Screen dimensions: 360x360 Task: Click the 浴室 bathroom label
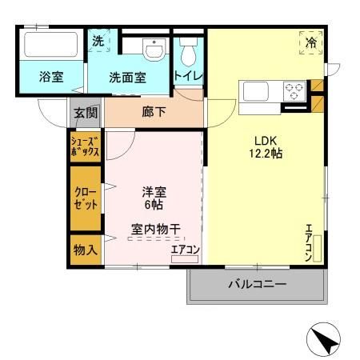pyautogui.click(x=52, y=78)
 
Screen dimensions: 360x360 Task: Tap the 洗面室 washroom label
pyautogui.click(x=127, y=78)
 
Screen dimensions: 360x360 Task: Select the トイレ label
pyautogui.click(x=188, y=76)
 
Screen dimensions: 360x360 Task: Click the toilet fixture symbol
pyautogui.click(x=188, y=53)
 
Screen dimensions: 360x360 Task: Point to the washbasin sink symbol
pyautogui.click(x=153, y=50)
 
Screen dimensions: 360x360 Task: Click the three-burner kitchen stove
pyautogui.click(x=293, y=89)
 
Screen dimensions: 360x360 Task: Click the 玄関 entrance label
pyautogui.click(x=86, y=113)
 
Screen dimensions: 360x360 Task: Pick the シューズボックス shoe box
pyautogui.click(x=86, y=146)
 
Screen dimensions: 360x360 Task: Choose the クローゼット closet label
pyautogui.click(x=85, y=198)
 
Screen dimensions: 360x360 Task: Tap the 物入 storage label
pyautogui.click(x=86, y=249)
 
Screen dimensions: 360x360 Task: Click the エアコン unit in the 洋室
pyautogui.click(x=185, y=250)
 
